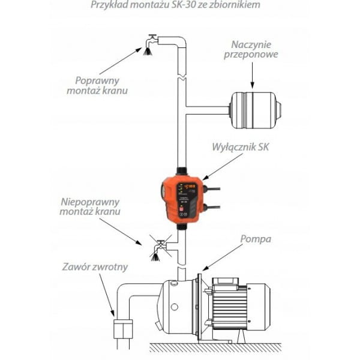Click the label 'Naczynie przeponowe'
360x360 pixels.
click(x=253, y=52)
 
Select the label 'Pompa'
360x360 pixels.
click(x=256, y=239)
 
